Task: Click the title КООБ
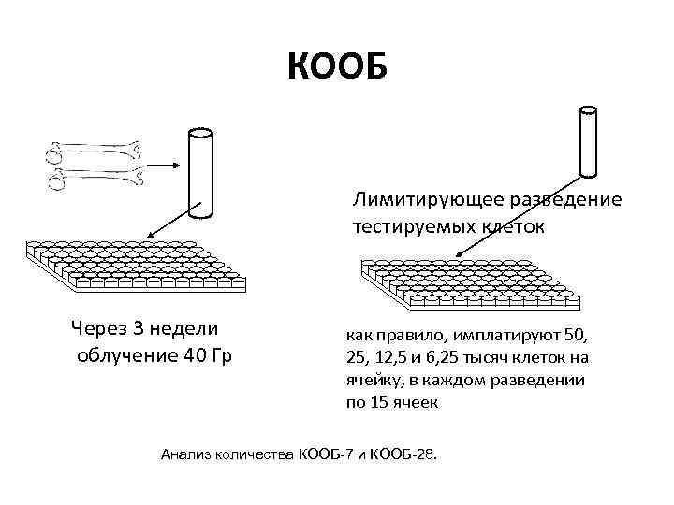coord(336,67)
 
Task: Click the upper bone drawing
coord(95,149)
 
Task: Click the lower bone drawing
coord(95,173)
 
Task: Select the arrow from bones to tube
coord(164,165)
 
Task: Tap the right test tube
coord(589,141)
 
